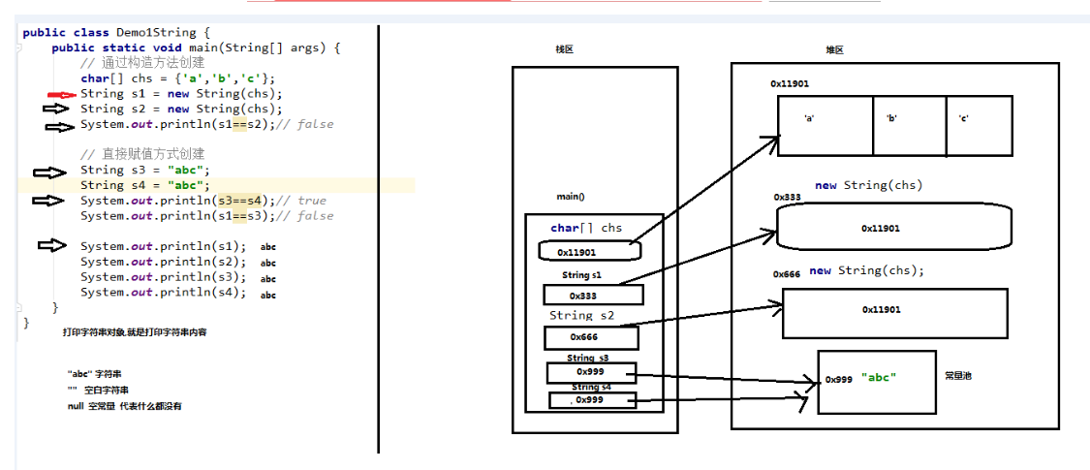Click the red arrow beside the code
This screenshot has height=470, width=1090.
(x=61, y=95)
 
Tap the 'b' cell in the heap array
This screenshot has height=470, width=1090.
(x=909, y=125)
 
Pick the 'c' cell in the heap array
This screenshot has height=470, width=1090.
(x=979, y=125)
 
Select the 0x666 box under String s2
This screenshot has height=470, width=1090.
(x=591, y=337)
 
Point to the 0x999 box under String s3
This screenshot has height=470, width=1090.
(x=591, y=372)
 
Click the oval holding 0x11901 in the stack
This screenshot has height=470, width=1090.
(x=590, y=251)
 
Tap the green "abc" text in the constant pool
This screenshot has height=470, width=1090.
(x=878, y=378)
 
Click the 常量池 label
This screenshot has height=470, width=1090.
(x=958, y=375)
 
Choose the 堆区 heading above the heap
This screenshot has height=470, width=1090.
(x=834, y=49)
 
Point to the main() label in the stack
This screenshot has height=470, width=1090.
(x=570, y=197)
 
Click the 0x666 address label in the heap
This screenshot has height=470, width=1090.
(x=787, y=274)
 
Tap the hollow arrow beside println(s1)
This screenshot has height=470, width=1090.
(x=51, y=246)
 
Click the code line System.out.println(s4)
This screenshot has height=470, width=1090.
(x=163, y=293)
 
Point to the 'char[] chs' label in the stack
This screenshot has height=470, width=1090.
(x=586, y=229)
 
